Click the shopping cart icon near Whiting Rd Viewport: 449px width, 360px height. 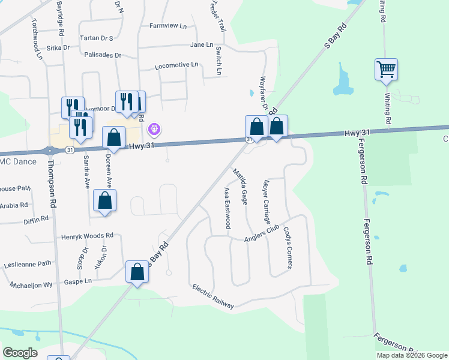[x=387, y=69]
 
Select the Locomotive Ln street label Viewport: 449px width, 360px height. [x=176, y=65]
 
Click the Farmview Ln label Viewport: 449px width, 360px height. [x=168, y=26]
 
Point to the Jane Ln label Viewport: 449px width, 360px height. [x=201, y=45]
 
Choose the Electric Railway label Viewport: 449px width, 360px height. [x=213, y=296]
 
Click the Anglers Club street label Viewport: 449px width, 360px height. [x=262, y=234]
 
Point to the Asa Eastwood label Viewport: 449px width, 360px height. [x=228, y=208]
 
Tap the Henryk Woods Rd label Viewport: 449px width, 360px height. [x=87, y=236]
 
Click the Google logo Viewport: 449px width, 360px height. [x=20, y=353]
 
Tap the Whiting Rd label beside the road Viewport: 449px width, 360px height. [x=388, y=110]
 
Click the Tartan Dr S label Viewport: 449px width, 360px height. [x=97, y=38]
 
